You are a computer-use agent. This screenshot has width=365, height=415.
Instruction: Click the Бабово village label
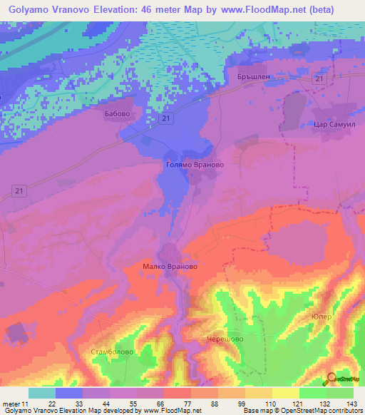[117, 113]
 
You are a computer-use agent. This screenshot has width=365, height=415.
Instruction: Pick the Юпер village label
[322, 316]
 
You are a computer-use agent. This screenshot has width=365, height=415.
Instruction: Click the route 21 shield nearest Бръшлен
[320, 78]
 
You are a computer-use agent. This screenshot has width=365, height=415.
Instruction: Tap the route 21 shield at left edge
[20, 189]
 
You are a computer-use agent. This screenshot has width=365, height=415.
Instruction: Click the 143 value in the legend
[350, 404]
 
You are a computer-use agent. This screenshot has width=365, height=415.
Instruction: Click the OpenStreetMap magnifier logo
[332, 379]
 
